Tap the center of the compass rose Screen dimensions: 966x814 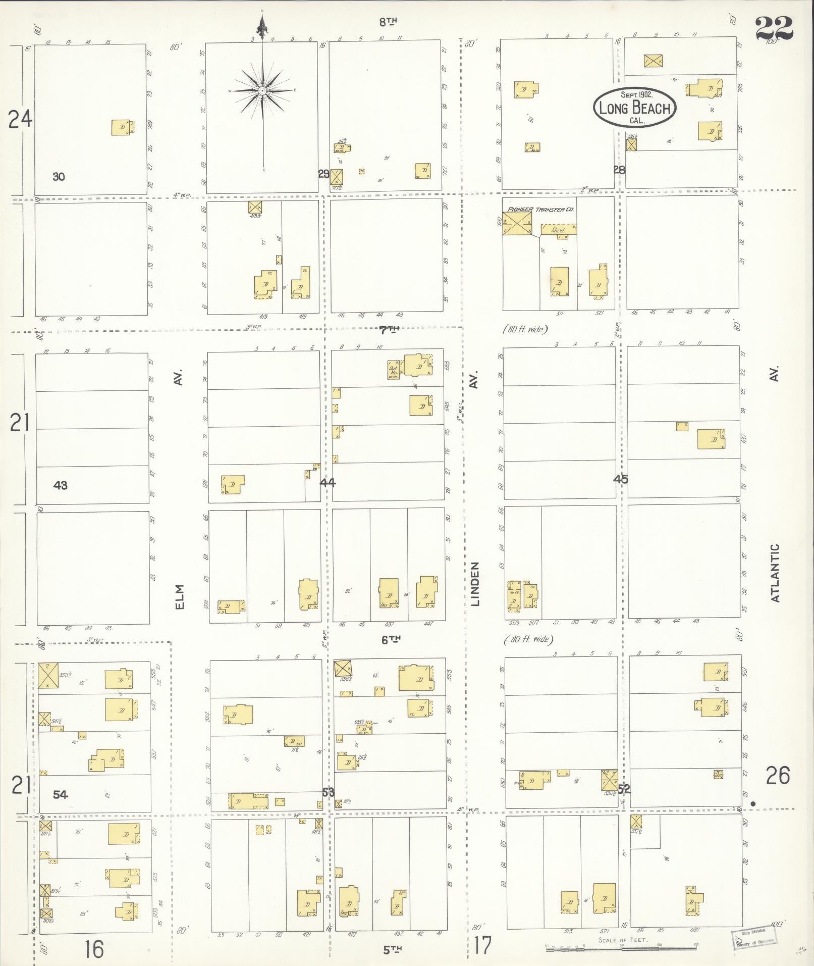[x=262, y=91]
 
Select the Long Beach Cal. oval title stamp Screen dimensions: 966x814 [x=634, y=107]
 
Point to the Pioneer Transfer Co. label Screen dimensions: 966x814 [x=541, y=209]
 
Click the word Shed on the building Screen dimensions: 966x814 [x=557, y=230]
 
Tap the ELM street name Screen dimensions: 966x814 [x=180, y=597]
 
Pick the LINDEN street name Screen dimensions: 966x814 [x=475, y=583]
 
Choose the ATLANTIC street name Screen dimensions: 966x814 [x=776, y=573]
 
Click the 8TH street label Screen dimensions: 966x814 [x=389, y=21]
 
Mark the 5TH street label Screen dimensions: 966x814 [x=392, y=949]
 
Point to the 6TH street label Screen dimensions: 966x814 [x=391, y=639]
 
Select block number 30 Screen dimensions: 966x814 [x=59, y=177]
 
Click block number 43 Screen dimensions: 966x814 [x=60, y=485]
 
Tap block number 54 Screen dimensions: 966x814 [x=60, y=795]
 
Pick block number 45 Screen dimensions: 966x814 [x=621, y=479]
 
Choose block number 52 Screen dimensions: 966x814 [x=624, y=789]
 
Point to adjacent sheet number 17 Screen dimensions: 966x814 [x=482, y=945]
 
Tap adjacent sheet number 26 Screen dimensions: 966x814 [x=778, y=776]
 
